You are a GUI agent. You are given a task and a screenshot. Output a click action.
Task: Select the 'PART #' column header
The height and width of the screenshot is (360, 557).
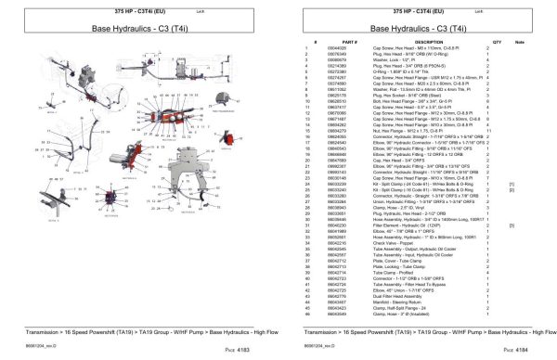click(324, 42)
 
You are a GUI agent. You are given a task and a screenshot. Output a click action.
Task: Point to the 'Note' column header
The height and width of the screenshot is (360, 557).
click(520, 42)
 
